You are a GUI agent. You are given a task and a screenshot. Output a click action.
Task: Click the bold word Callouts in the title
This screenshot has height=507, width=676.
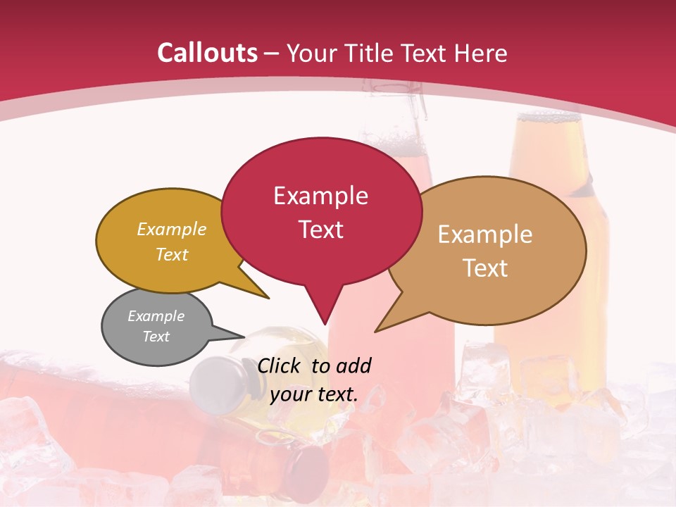(x=208, y=53)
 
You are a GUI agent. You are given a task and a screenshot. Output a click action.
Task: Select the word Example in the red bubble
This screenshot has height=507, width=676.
(x=320, y=196)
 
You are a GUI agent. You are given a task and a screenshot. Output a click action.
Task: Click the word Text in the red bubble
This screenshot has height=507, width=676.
(x=320, y=230)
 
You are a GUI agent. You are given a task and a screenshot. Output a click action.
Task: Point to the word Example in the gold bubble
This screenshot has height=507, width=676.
(x=172, y=230)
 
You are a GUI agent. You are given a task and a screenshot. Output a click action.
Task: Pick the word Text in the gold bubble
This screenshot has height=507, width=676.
(x=172, y=254)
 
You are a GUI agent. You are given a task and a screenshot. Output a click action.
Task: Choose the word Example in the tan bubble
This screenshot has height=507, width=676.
(x=485, y=234)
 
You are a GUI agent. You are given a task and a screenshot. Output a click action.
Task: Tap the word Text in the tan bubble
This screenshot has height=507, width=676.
(x=485, y=268)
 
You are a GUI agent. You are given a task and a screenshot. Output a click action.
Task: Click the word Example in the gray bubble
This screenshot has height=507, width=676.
(x=156, y=316)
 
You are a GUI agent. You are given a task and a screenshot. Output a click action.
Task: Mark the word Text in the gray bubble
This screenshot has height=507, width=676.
(x=156, y=337)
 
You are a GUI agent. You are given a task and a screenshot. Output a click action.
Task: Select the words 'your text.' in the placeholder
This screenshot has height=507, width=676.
(x=314, y=394)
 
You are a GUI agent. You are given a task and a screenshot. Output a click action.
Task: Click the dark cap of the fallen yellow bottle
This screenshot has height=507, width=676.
(x=215, y=384)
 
